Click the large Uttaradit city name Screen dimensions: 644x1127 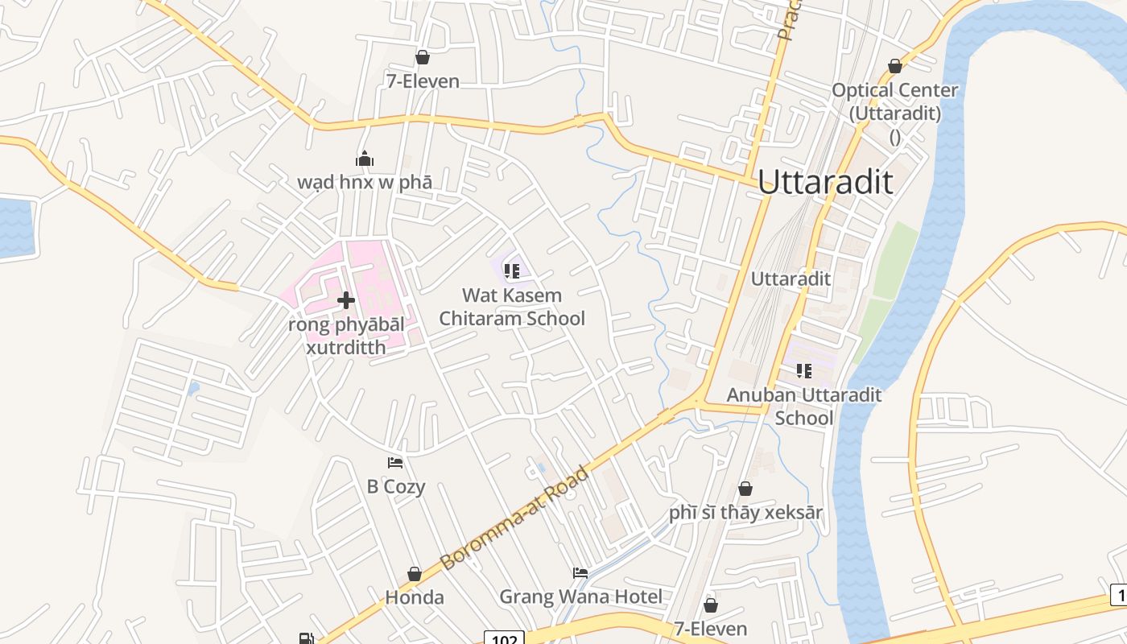825,182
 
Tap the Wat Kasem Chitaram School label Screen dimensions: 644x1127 512,307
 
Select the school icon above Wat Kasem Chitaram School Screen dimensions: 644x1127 511,271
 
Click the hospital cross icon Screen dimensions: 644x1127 346,300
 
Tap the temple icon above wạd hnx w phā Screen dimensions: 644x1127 365,159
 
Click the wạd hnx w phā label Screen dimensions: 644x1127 365,182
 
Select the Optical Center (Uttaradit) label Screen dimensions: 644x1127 894,101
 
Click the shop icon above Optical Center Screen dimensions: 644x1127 895,66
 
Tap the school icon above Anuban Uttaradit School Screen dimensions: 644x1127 803,370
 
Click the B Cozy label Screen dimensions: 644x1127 396,486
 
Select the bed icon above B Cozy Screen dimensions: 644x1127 395,462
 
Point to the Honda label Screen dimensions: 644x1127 415,597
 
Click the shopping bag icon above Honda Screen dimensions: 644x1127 415,574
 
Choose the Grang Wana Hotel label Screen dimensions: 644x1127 580,597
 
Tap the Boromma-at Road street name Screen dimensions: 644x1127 515,518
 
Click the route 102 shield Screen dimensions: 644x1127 504,638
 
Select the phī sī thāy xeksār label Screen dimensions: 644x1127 745,512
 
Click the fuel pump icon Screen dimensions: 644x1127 306,638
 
